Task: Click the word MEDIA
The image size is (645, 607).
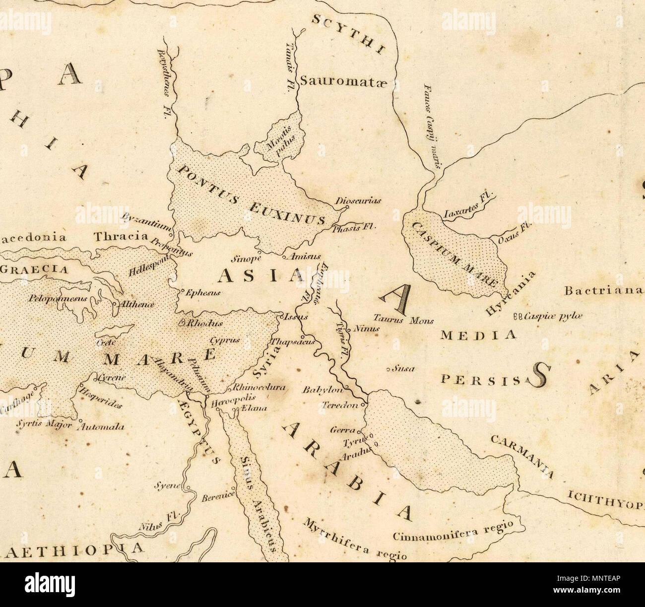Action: point(478,336)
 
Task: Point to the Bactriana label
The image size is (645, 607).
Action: point(603,291)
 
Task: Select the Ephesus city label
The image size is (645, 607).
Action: point(202,293)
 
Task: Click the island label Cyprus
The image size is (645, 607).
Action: point(225,340)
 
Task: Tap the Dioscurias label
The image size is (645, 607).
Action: point(357,201)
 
